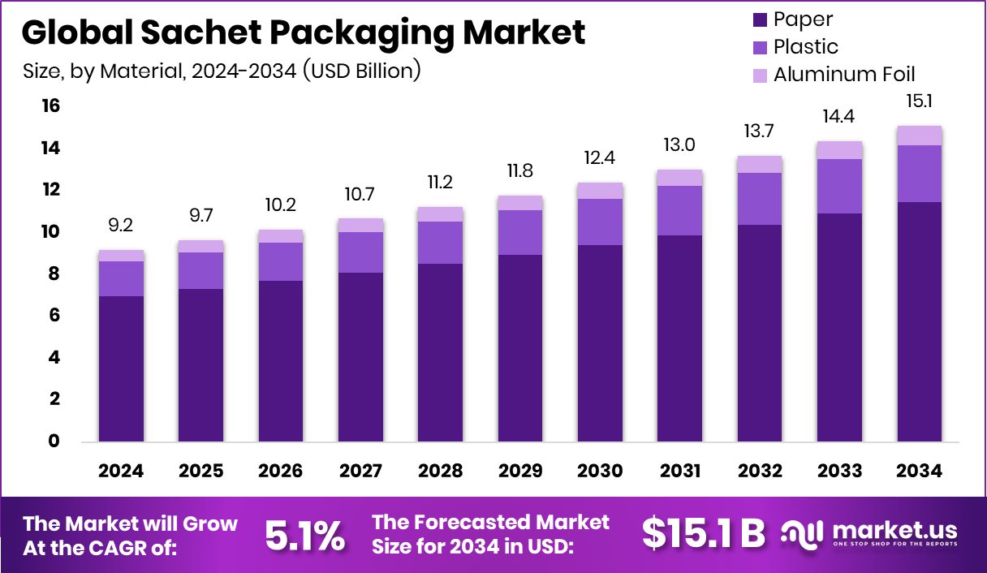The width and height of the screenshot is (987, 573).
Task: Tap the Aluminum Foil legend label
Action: [x=844, y=74]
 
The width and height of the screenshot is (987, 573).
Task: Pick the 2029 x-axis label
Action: [x=519, y=471]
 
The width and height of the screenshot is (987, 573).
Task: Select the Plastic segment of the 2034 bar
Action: [x=919, y=173]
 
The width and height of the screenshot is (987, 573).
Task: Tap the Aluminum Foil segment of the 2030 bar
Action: [x=600, y=191]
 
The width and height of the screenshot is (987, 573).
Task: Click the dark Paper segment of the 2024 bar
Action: [x=121, y=369]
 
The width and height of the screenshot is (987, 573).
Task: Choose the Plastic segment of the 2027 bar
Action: [x=360, y=252]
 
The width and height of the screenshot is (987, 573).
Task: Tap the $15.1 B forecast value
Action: [x=703, y=533]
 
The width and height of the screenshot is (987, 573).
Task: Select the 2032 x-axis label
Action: [x=760, y=471]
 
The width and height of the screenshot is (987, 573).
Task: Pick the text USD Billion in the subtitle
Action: [x=360, y=71]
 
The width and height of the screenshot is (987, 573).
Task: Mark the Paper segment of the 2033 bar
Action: [x=839, y=328]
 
